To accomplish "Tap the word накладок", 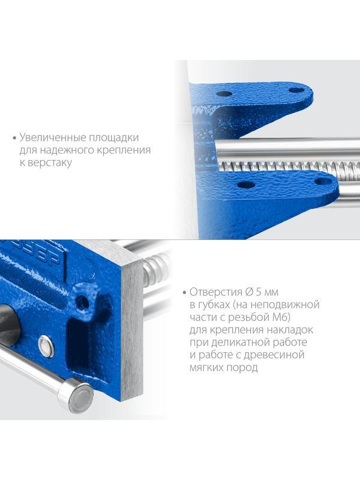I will tap(288, 330).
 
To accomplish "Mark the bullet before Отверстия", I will tap(183, 293).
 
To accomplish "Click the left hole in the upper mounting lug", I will tap(224, 94).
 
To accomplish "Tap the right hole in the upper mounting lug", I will tap(296, 90).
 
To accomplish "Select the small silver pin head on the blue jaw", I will tap(46, 346).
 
